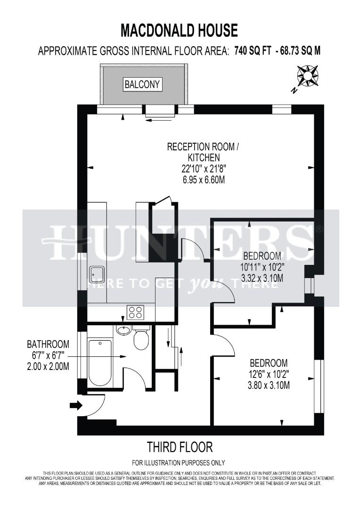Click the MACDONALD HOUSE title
pyautogui.click(x=179, y=31)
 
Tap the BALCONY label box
pyautogui.click(x=142, y=85)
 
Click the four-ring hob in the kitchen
pyautogui.click(x=135, y=312)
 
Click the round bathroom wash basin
pyautogui.click(x=123, y=330)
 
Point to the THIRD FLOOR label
pyautogui.click(x=180, y=446)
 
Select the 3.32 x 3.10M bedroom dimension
pyautogui.click(x=262, y=278)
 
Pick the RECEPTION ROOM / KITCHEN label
pyautogui.click(x=203, y=152)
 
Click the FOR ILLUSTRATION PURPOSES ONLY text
pyautogui.click(x=179, y=462)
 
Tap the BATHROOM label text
pyautogui.click(x=48, y=344)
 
